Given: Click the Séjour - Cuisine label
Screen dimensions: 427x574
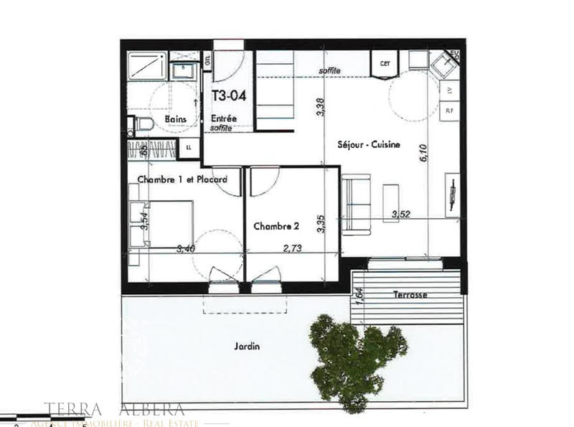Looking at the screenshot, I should tap(368, 144).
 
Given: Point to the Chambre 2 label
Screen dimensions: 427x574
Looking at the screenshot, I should tap(276, 225).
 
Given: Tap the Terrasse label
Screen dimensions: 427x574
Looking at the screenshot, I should tap(410, 295).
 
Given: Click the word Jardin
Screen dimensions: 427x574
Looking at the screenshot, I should tap(246, 346).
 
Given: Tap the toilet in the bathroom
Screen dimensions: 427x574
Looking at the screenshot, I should tap(141, 125).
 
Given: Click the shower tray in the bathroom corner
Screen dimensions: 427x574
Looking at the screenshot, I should tap(147, 68).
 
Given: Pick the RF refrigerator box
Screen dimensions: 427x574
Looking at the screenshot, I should tap(450, 111).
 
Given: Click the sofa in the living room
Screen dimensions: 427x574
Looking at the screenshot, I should tap(357, 205).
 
